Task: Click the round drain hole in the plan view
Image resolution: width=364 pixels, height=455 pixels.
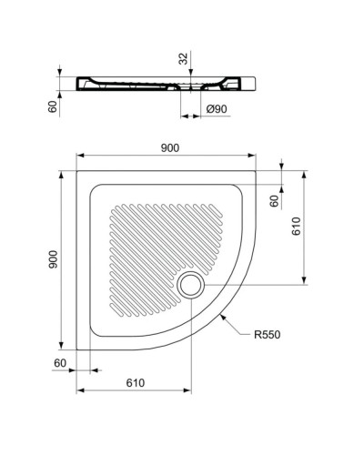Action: click(192, 285)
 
